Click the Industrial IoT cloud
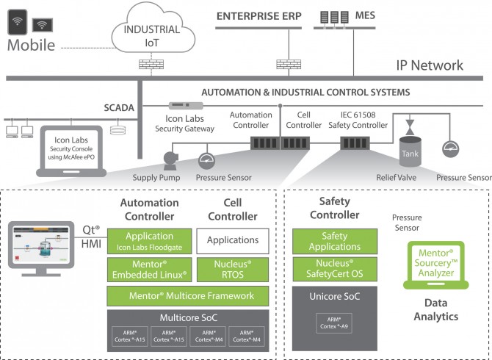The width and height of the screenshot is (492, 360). (152, 35)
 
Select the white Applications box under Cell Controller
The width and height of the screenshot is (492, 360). (232, 240)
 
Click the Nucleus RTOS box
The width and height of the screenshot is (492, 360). (232, 270)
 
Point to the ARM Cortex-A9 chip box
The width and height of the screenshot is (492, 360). (326, 325)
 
